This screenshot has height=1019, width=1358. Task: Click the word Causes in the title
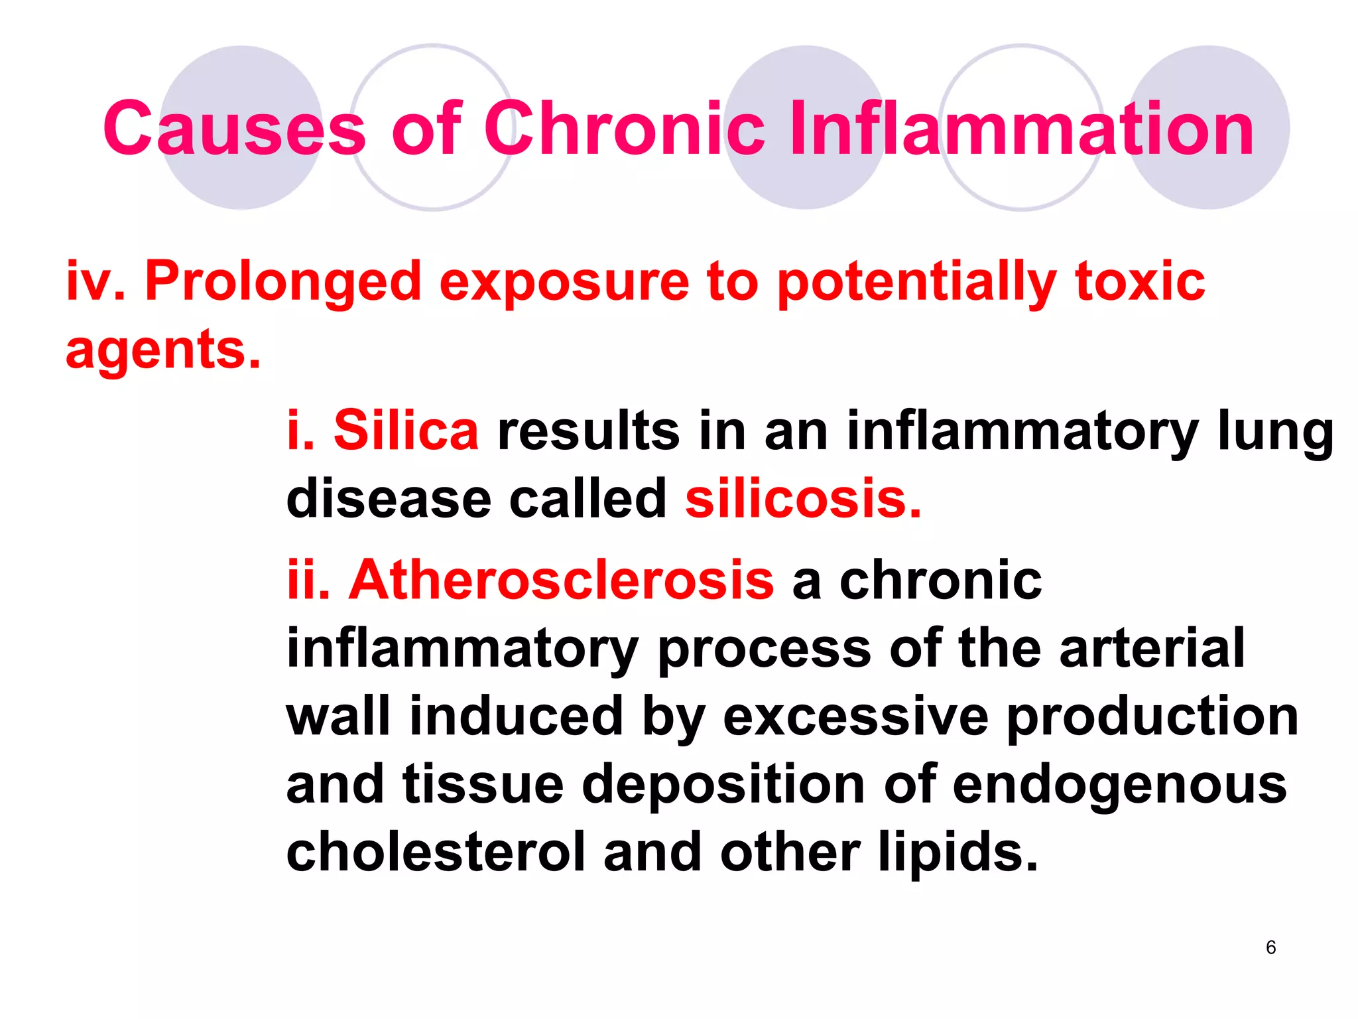(233, 129)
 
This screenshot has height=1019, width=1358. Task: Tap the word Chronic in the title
(624, 129)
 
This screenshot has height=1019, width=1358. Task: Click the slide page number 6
(1270, 947)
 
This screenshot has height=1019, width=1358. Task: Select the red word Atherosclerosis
(561, 580)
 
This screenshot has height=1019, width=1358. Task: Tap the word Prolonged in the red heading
(283, 282)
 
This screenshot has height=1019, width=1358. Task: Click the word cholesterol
(436, 852)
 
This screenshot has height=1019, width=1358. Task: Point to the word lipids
(957, 853)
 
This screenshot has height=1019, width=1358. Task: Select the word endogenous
(1119, 785)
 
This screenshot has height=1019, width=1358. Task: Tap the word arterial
(1152, 648)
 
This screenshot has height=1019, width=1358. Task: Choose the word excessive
(855, 716)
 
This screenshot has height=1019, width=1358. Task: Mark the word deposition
(723, 785)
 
